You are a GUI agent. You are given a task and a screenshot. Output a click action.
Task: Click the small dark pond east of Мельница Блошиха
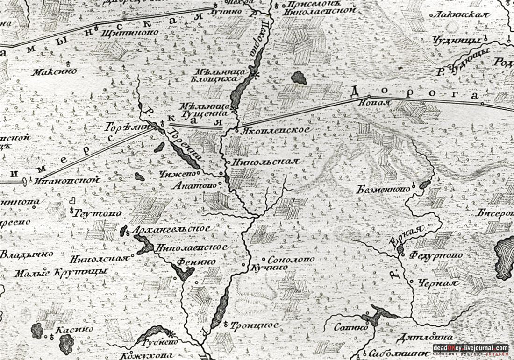click(x=299, y=78)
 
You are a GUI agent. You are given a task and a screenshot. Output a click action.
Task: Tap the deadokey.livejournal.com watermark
click(x=470, y=348)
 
